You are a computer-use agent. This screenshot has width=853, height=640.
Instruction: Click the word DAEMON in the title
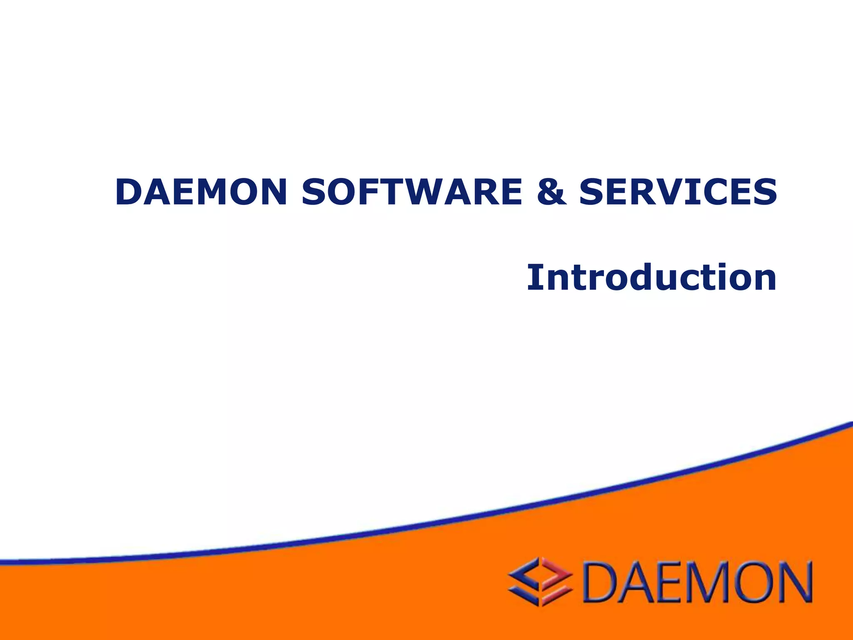click(x=201, y=192)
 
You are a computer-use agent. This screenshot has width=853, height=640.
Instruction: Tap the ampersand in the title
click(x=551, y=192)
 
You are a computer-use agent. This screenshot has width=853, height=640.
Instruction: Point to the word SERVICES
click(x=678, y=192)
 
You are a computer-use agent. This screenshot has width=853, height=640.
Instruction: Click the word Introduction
click(x=651, y=277)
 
